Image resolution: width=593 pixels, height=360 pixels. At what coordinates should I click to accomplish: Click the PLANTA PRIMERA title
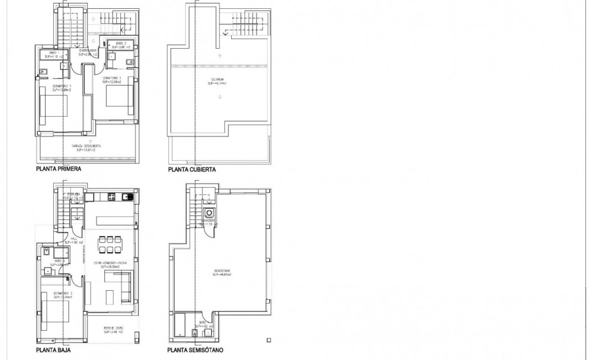pos(58,169)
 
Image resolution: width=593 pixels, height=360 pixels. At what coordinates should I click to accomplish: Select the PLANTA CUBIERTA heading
pos(192,169)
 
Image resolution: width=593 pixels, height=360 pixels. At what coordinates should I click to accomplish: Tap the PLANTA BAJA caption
pos(53,350)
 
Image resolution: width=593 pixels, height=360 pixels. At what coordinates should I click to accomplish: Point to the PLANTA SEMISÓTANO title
pos(196,350)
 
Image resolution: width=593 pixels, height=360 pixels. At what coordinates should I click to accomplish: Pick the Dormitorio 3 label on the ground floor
pos(64,294)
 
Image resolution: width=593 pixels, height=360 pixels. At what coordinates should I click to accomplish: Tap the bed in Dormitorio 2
pos(119,98)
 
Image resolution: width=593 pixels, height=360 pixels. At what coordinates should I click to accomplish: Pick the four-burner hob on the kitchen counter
pos(111,196)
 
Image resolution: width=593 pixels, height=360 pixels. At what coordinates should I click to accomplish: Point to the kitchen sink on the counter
pos(127,196)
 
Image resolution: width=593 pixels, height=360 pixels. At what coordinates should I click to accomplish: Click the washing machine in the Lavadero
pos(209,213)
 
